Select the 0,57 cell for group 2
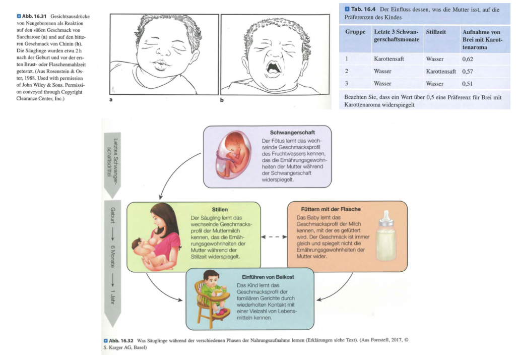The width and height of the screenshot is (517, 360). pos(468,71)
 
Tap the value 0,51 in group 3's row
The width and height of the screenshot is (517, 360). pos(468,84)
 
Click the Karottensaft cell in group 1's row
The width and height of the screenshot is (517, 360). pos(389,59)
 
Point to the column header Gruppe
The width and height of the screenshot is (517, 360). pos(355,32)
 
